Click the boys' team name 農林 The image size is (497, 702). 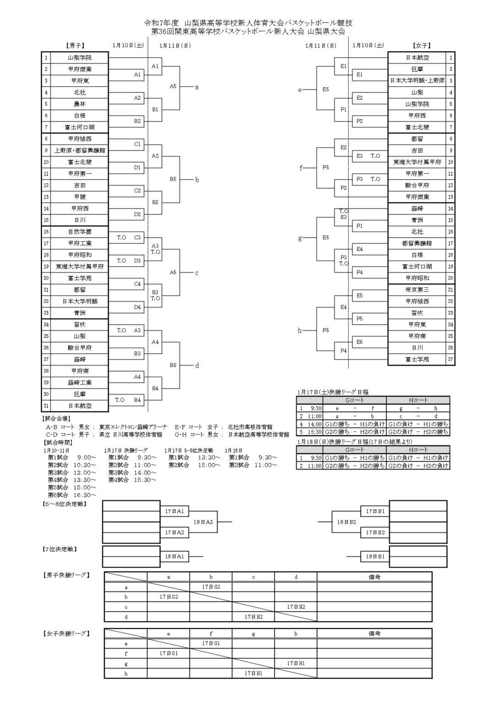80,104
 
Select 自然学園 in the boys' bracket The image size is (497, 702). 80,232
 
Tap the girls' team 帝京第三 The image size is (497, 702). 417,290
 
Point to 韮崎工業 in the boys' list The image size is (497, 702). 80,383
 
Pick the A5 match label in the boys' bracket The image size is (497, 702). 173,86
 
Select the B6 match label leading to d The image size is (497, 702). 173,365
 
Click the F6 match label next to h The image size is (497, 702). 325,330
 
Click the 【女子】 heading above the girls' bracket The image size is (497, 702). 421,46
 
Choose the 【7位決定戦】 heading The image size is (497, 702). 59,548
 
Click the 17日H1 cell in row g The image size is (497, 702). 296,663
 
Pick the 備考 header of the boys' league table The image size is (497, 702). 374,577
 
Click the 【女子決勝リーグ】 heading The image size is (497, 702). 65,633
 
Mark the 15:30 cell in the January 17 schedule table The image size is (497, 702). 316,431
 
